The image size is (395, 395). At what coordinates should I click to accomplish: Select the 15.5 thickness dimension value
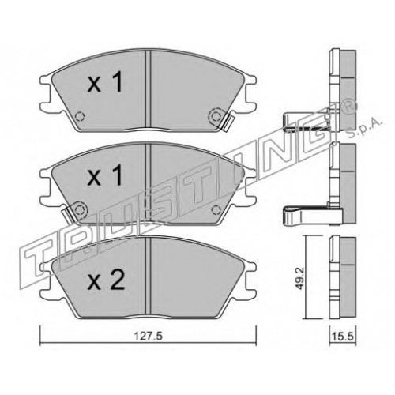pos(343,337)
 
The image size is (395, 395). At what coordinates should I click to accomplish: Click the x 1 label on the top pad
pos(105,82)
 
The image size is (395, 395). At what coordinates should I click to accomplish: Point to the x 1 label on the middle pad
pos(105,175)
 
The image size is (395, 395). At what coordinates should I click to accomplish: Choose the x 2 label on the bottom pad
pos(106,280)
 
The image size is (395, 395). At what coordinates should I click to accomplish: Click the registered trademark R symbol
pos(351,107)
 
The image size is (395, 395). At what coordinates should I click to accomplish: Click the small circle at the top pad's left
pos(79,116)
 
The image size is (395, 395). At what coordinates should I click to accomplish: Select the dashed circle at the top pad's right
pos(216,116)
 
